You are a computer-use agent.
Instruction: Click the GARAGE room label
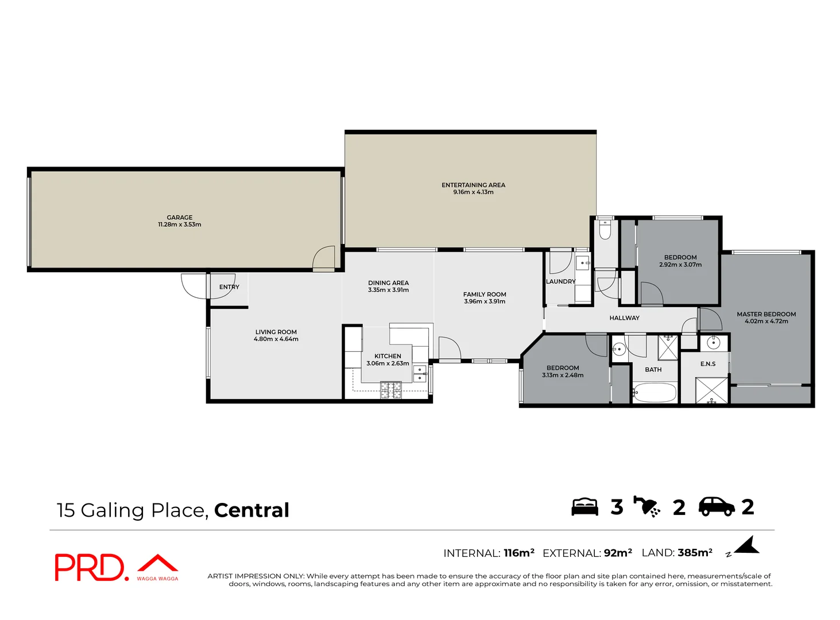pyautogui.click(x=180, y=218)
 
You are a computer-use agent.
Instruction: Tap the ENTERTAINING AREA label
pyautogui.click(x=473, y=185)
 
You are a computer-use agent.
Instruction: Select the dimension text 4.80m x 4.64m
pyautogui.click(x=276, y=339)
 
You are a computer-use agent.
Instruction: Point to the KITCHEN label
pyautogui.click(x=388, y=356)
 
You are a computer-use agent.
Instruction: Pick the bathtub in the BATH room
pyautogui.click(x=655, y=393)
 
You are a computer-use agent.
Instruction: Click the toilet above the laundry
pyautogui.click(x=605, y=230)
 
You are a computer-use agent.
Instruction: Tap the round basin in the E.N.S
pyautogui.click(x=713, y=343)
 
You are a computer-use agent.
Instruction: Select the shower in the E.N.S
pyautogui.click(x=711, y=390)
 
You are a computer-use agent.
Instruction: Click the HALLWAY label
pyautogui.click(x=624, y=318)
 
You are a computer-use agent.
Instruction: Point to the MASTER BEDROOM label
pyautogui.click(x=766, y=314)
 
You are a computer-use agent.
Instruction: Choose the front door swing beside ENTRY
pyautogui.click(x=193, y=285)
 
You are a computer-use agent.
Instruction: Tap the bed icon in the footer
pyautogui.click(x=584, y=507)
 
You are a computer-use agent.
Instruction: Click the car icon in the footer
pyautogui.click(x=716, y=506)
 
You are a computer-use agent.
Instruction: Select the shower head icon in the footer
pyautogui.click(x=647, y=506)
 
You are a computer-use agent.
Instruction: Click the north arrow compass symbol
pyautogui.click(x=746, y=546)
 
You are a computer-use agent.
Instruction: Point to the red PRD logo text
pyautogui.click(x=89, y=567)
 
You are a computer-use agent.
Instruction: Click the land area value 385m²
pyautogui.click(x=695, y=553)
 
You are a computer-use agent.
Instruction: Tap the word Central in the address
pyautogui.click(x=251, y=510)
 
